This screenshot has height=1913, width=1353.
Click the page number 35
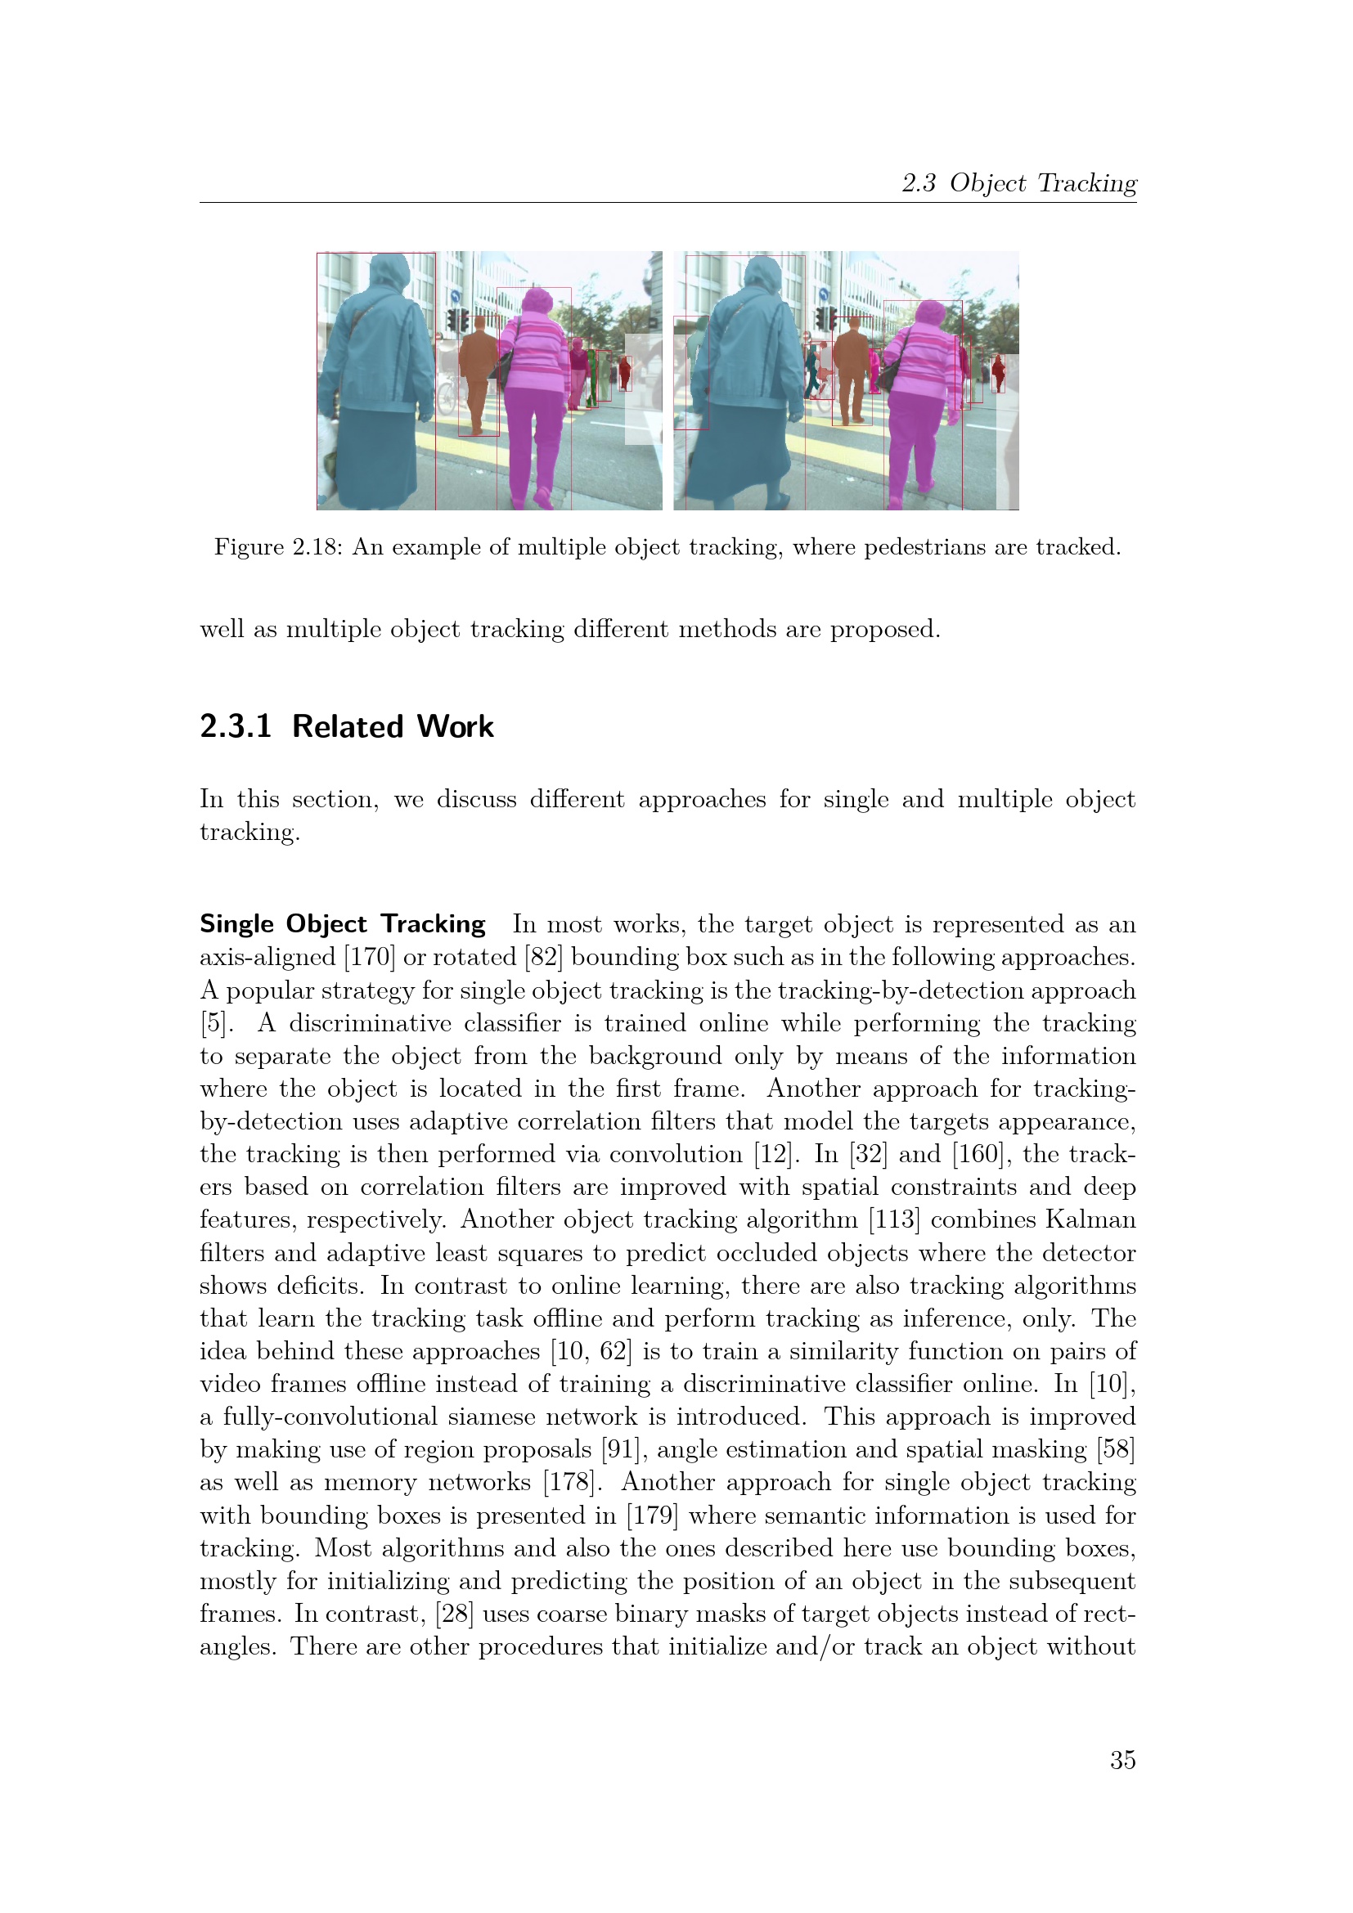pos(1122,1760)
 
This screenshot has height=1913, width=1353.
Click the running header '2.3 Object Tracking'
pos(1019,182)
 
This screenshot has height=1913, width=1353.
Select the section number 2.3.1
pos(236,726)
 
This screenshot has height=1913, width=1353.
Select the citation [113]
pos(894,1219)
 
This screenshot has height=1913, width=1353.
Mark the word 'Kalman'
pos(1090,1219)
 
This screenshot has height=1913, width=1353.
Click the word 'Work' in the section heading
pos(455,726)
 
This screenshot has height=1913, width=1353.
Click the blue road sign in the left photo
pos(455,297)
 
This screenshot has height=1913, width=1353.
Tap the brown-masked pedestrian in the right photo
pos(852,366)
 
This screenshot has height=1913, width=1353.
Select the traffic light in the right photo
pos(825,317)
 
